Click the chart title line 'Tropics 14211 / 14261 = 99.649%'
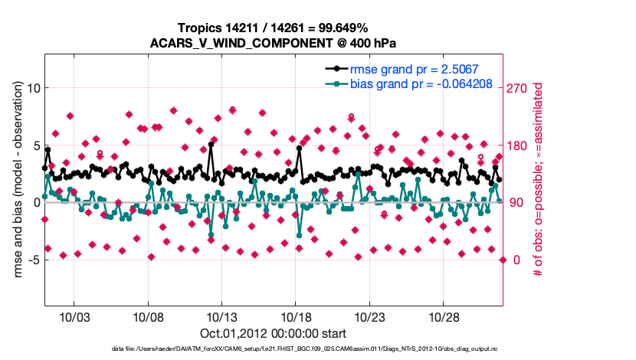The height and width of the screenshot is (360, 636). pyautogui.click(x=274, y=28)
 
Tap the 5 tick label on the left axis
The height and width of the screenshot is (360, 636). pyautogui.click(x=35, y=145)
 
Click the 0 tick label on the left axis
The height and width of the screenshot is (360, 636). pyautogui.click(x=35, y=202)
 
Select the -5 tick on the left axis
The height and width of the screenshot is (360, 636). pyautogui.click(x=33, y=260)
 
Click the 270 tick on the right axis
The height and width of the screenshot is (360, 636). pyautogui.click(x=518, y=88)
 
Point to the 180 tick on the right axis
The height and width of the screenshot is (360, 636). pyautogui.click(x=518, y=146)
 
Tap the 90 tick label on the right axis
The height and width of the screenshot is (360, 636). pyautogui.click(x=515, y=202)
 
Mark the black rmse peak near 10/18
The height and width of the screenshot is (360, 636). pyautogui.click(x=300, y=149)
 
